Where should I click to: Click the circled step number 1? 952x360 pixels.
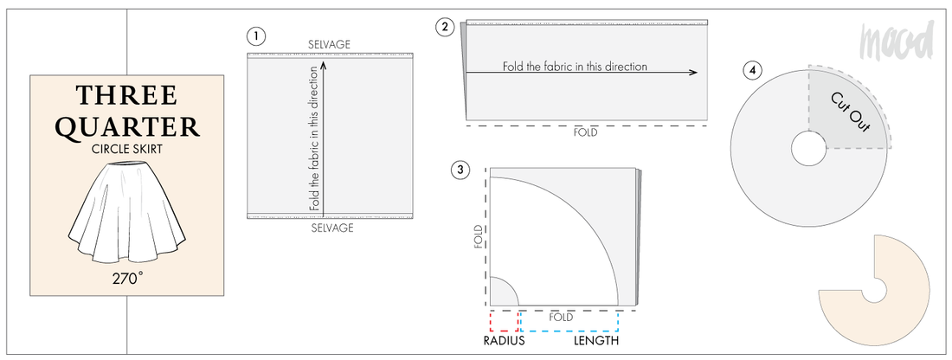[x=255, y=36]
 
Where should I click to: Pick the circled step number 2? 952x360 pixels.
[x=445, y=26]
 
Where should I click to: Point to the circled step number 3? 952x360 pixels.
[x=460, y=170]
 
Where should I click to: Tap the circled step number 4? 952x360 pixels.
[x=753, y=69]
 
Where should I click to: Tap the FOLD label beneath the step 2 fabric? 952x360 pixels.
[x=586, y=133]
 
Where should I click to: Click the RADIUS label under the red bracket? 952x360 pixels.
[x=504, y=341]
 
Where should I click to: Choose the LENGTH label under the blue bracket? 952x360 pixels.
[x=596, y=341]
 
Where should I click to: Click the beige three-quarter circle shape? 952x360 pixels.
[x=900, y=303]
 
